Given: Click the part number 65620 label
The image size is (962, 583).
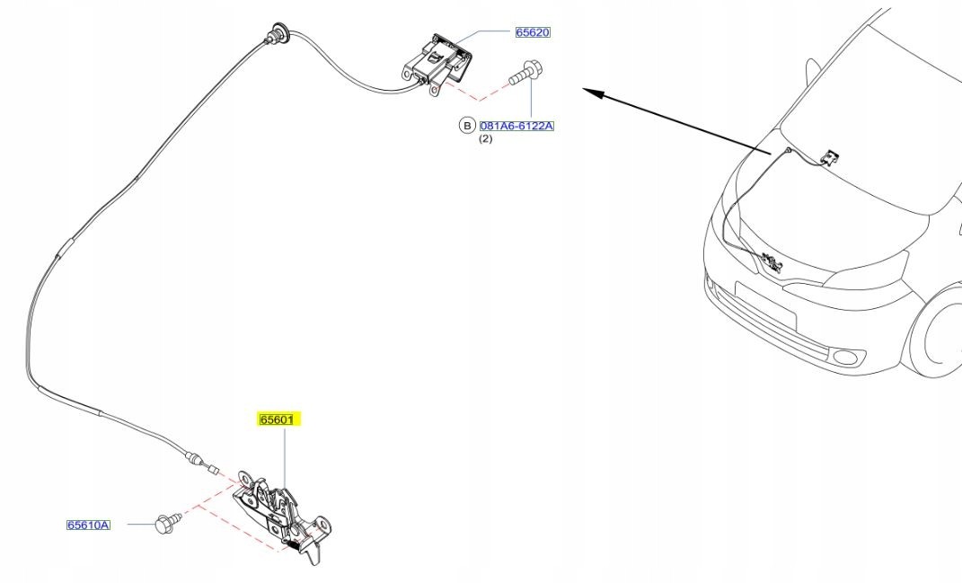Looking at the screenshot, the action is tap(533, 32).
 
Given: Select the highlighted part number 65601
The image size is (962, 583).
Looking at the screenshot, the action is tap(278, 420).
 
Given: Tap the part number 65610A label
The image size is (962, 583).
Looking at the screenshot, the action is tap(88, 525).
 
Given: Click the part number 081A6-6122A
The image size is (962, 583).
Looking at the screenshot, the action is tap(516, 126).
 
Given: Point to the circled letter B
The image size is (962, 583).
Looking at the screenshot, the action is tap(467, 126).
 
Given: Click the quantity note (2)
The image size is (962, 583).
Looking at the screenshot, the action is tap(485, 138).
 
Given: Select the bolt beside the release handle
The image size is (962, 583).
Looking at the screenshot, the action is tap(525, 73).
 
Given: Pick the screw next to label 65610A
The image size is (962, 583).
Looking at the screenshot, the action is tap(168, 522).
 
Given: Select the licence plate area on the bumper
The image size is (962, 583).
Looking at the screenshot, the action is tap(765, 305).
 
